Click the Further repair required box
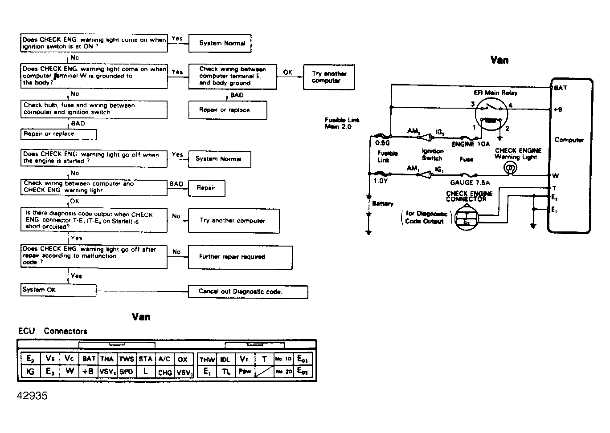(240, 257)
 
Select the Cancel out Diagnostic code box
(248, 292)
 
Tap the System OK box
(58, 290)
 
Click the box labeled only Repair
(206, 188)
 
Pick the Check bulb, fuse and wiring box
(94, 109)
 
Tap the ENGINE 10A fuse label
(471, 144)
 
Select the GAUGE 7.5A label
(470, 182)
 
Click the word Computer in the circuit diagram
(569, 140)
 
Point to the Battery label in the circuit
(383, 204)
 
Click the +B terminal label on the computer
(557, 109)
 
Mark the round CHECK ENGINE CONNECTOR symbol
(467, 217)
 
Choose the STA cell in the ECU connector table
(145, 359)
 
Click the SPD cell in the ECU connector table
(127, 372)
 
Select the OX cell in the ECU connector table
(183, 359)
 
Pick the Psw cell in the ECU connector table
(245, 372)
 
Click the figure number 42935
(32, 396)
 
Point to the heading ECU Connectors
(53, 331)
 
